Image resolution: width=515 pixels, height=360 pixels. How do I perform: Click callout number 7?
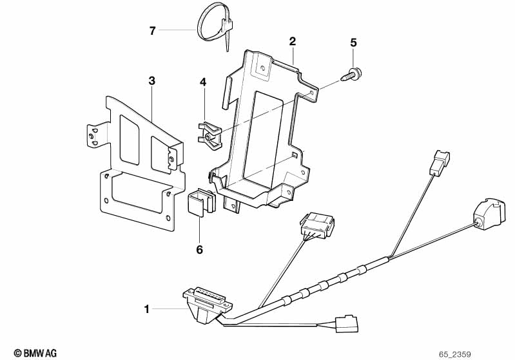(x=153, y=30)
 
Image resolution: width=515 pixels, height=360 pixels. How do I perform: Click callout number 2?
(x=293, y=41)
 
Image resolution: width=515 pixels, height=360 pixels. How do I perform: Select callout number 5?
(x=353, y=43)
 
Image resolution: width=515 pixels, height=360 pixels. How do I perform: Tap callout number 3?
(x=152, y=81)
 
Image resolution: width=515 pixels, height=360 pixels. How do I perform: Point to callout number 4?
(x=202, y=82)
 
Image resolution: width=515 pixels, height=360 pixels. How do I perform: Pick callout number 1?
(x=147, y=310)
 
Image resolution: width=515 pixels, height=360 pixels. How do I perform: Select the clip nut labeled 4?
(x=208, y=132)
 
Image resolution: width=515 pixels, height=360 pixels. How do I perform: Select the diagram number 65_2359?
(x=456, y=354)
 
